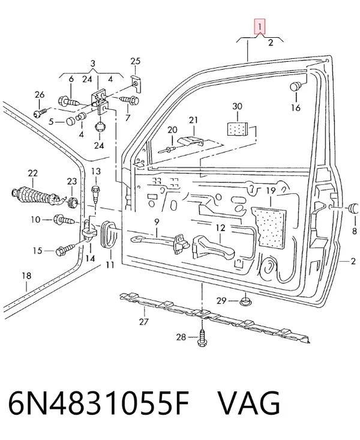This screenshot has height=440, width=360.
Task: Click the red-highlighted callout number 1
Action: [260, 26]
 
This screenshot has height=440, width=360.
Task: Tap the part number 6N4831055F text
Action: [99, 403]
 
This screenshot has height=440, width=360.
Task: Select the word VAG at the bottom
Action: [249, 403]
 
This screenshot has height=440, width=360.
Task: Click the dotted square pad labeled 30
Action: [237, 129]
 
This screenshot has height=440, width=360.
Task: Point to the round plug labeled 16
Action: [295, 86]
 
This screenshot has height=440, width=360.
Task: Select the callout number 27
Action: [143, 321]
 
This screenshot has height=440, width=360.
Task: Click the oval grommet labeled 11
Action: [108, 235]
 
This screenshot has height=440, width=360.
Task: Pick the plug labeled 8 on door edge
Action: [353, 208]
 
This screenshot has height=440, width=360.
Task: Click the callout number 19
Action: [271, 191]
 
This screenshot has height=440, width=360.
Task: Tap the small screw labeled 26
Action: [40, 113]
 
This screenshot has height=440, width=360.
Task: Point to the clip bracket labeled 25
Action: [136, 83]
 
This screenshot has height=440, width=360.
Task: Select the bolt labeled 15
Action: [65, 250]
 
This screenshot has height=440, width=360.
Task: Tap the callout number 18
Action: [26, 276]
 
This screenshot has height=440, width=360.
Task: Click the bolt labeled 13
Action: [95, 193]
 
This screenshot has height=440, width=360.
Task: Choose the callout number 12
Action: [221, 228]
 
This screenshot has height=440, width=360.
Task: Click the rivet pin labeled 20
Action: [167, 150]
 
